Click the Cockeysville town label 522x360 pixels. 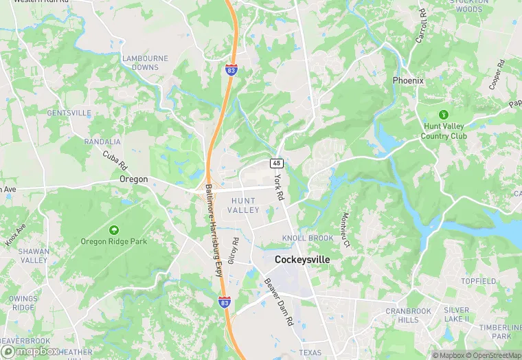tap(302, 260)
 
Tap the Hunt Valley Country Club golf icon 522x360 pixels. tap(444, 113)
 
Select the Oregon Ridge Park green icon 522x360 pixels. tap(113, 229)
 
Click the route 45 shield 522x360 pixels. tap(276, 163)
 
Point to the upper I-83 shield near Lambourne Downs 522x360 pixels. tap(231, 69)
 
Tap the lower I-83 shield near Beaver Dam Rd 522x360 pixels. tap(225, 302)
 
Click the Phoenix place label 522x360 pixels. tap(408, 80)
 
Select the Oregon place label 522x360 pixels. tap(133, 179)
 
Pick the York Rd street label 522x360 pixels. tap(278, 187)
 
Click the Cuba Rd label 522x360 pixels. tap(115, 159)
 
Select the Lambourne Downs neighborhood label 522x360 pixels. tap(145, 63)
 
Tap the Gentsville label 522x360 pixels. tap(69, 112)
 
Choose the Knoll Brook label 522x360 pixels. tap(307, 238)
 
